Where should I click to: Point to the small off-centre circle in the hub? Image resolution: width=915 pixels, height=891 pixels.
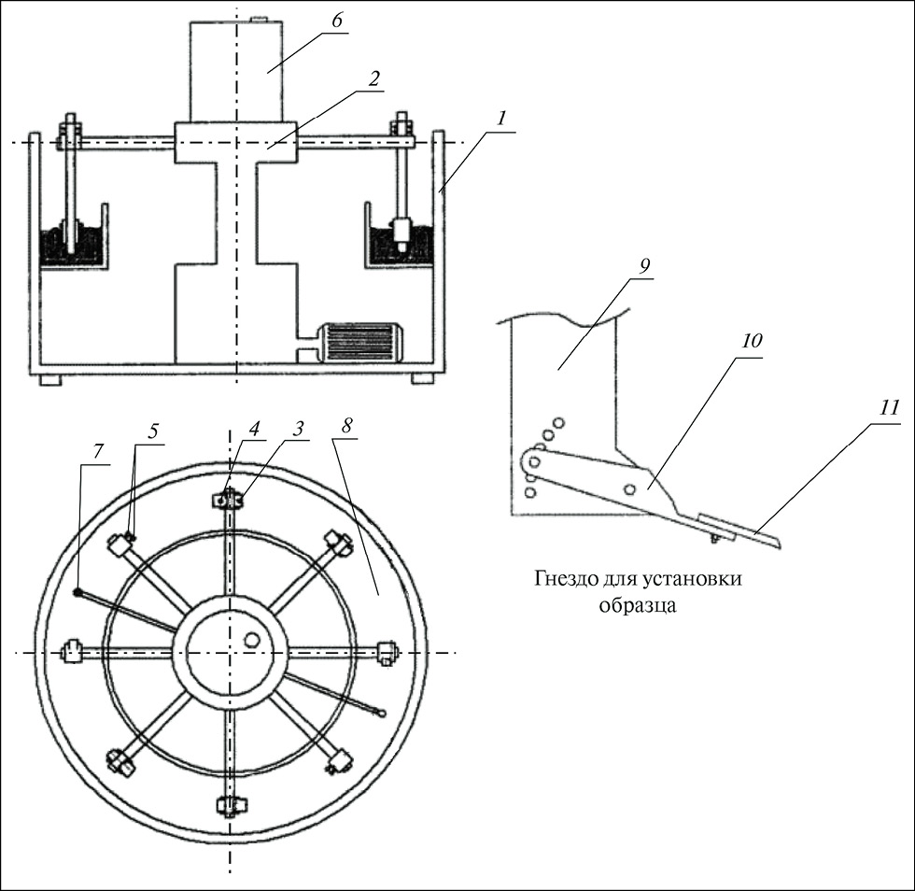(x=250, y=640)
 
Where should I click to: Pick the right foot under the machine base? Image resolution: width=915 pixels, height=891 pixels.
(x=423, y=378)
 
